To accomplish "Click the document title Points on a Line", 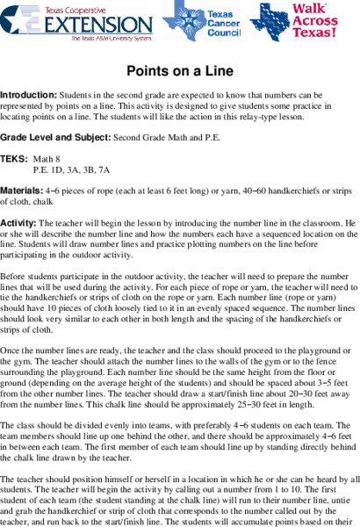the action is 179,68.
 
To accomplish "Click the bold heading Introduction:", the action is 28,93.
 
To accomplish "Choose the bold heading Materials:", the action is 22,190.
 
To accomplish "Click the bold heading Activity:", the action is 18,223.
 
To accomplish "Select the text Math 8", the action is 47,160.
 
